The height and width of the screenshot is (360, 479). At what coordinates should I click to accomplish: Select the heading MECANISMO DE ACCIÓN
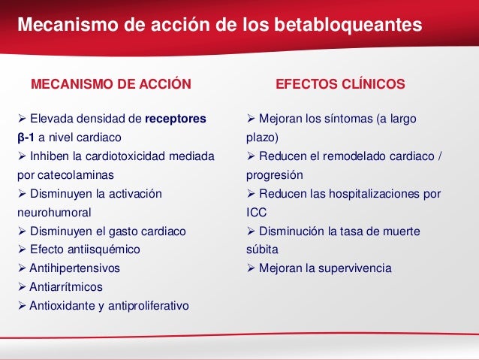click(110, 83)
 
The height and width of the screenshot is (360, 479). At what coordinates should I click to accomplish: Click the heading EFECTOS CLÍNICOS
click(341, 83)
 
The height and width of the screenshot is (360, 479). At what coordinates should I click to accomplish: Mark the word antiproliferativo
click(148, 305)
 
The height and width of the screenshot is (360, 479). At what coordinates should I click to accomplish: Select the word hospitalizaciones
click(369, 193)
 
